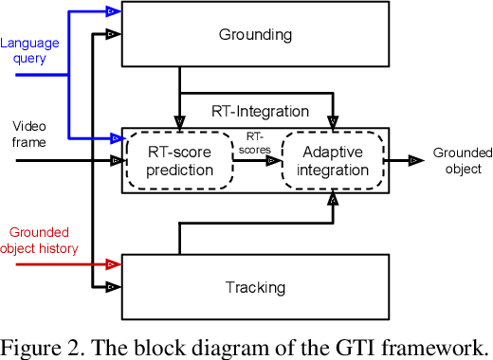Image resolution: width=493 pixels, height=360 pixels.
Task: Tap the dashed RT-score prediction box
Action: [179, 161]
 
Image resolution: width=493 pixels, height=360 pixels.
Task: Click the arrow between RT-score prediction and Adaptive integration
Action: [256, 161]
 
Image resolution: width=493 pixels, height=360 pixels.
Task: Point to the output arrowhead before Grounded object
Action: [416, 161]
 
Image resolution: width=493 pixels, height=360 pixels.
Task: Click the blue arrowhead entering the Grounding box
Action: [112, 11]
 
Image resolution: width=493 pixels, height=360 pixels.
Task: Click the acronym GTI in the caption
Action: [357, 345]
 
